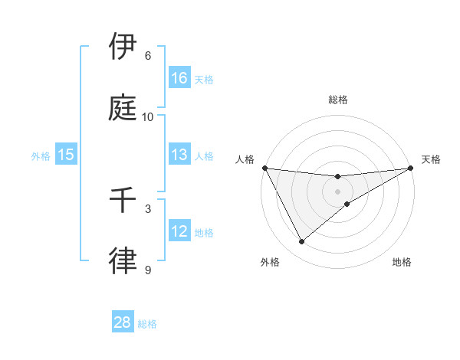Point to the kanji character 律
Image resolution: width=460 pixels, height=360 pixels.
click(123, 260)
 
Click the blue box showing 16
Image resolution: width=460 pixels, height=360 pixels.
click(179, 77)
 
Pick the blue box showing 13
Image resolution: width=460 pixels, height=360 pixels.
click(179, 155)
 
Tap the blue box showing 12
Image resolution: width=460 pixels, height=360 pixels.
click(179, 231)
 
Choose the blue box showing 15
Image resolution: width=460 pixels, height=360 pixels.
click(65, 155)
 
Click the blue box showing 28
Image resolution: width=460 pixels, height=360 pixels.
click(123, 322)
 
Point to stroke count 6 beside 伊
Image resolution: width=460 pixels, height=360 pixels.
click(148, 56)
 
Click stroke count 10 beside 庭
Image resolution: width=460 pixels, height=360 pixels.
click(148, 117)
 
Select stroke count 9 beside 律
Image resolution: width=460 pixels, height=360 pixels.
click(148, 270)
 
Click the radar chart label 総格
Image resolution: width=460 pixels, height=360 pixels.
click(338, 100)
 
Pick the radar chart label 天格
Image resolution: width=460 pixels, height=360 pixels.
click(431, 159)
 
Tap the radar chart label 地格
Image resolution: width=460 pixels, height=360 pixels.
click(402, 262)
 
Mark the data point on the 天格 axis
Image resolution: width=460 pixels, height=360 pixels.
click(411, 168)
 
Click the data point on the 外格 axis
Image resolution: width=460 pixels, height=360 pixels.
click(301, 242)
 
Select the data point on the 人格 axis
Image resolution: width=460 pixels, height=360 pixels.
click(264, 168)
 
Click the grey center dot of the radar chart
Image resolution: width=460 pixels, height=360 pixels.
click(338, 191)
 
